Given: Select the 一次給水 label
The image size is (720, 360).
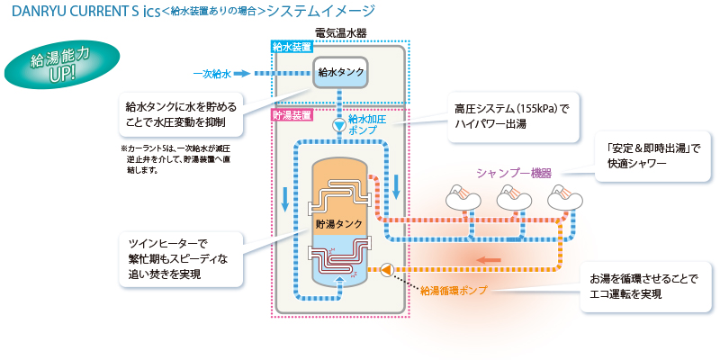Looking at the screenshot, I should coord(212,74).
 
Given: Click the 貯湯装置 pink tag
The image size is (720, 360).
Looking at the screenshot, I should coord(292,115).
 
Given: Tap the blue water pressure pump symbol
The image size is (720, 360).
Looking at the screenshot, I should coord(337,126).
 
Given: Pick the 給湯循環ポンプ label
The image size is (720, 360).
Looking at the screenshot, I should coord(455,290).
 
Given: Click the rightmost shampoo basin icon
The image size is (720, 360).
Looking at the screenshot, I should coord(563,193).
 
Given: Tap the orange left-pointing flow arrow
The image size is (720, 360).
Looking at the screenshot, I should coord(489,261).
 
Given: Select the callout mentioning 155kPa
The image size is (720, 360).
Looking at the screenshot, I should coord(511,117).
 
